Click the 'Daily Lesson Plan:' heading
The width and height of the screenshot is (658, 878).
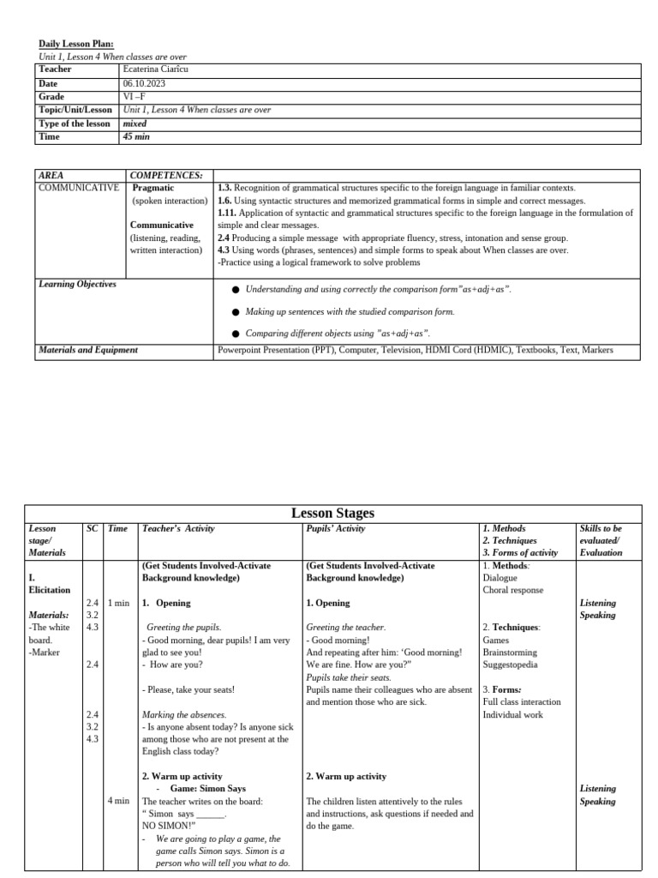click(x=76, y=44)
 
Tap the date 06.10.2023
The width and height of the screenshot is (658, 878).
click(x=145, y=83)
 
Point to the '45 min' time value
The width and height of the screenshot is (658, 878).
click(x=137, y=136)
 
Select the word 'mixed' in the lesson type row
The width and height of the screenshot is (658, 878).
click(x=135, y=123)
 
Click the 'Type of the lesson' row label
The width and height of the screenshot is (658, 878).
click(x=75, y=123)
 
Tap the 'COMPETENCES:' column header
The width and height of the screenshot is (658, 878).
click(x=166, y=175)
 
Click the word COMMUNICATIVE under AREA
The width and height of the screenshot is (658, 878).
click(x=80, y=188)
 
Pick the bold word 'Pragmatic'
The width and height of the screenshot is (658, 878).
click(x=154, y=188)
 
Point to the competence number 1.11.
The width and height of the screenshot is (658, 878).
click(x=227, y=213)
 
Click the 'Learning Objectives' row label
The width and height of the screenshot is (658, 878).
click(x=77, y=284)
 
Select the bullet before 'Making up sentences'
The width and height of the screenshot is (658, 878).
click(x=236, y=313)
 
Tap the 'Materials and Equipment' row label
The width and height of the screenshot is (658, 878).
click(x=88, y=350)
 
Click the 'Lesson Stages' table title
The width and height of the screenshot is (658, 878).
click(x=332, y=513)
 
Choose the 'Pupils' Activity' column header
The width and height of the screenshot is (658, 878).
click(x=335, y=529)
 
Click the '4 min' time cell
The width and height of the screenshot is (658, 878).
click(x=118, y=801)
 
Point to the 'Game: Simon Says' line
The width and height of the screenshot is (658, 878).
click(x=203, y=789)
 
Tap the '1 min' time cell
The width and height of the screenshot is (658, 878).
click(x=118, y=604)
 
